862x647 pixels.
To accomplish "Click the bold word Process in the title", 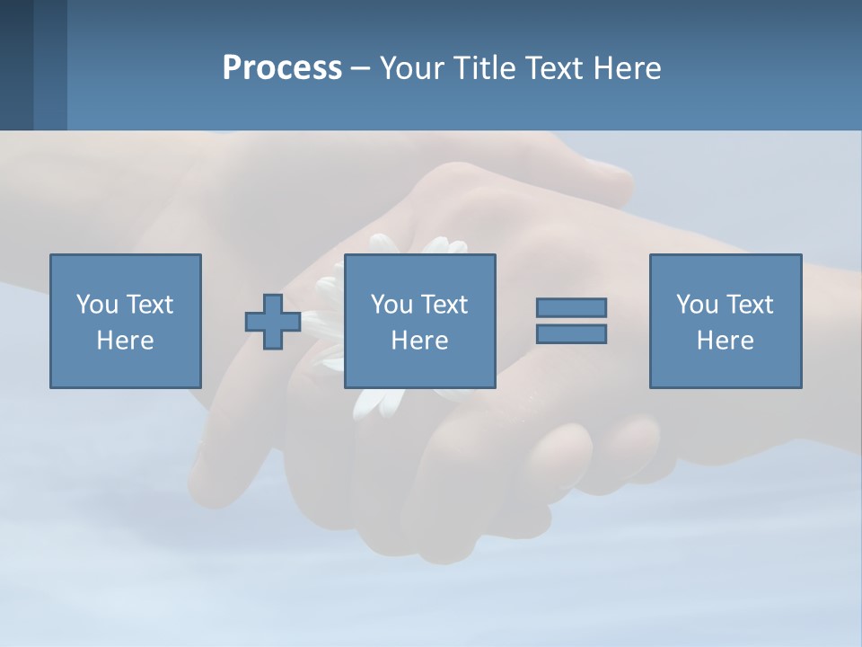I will pos(282,68).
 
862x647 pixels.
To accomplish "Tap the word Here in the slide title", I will pos(627,68).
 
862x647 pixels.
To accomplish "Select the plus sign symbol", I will pos(273,322).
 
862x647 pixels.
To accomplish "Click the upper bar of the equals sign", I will pos(571,308).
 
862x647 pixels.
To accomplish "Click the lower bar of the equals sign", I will pos(571,334).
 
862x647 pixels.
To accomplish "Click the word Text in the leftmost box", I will pos(149,305).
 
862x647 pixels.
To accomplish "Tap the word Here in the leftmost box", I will pos(125,341).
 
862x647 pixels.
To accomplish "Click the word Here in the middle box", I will pos(419,341).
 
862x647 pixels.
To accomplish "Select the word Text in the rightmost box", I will pos(749,305).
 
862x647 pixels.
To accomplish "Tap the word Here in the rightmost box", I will pos(725,341).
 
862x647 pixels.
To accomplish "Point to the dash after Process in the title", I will pos(360,69).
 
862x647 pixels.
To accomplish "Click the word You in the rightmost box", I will pos(697,305).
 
